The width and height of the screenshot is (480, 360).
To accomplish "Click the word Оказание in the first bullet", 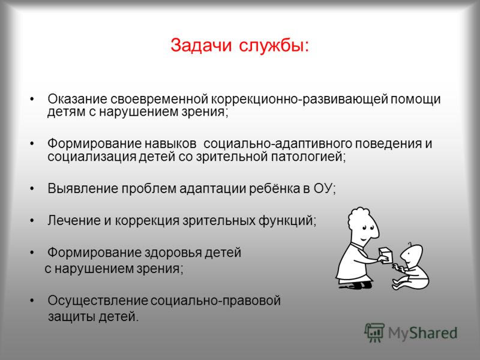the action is (x=77, y=99).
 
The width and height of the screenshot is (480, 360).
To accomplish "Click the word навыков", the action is (x=170, y=143).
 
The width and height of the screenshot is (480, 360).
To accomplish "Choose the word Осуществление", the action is (x=98, y=301).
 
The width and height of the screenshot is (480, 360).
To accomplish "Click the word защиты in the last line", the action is (x=71, y=317).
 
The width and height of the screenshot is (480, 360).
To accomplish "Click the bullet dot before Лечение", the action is (x=32, y=220).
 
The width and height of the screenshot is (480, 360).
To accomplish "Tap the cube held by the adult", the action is (x=385, y=254).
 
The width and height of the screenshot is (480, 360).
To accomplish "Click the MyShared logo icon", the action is (x=374, y=333).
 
